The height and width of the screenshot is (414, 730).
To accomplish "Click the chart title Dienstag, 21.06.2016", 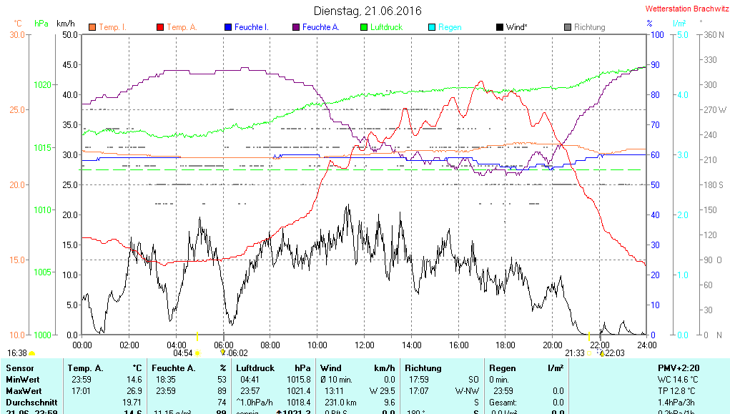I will point(368,11).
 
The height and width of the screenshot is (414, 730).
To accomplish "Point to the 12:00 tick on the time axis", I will point(364,345).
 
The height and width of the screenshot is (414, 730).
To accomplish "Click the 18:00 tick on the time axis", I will point(505,345).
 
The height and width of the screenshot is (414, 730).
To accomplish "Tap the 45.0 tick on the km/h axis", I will point(70,64).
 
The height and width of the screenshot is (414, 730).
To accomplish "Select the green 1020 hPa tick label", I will point(42,85).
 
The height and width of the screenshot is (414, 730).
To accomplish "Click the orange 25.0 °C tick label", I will point(16,109).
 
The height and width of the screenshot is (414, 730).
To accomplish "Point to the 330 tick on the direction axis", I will point(710,59).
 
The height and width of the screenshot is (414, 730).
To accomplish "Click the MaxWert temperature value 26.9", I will point(134,391).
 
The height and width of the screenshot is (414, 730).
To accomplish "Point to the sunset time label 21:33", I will point(575,353).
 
